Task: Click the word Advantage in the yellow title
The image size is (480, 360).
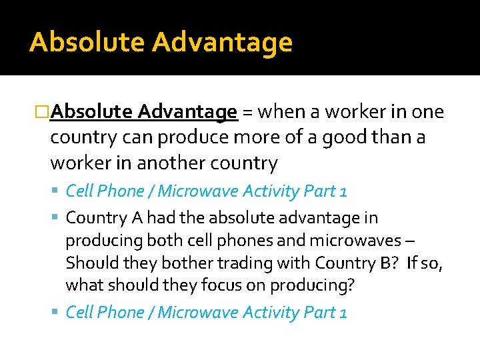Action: (x=222, y=42)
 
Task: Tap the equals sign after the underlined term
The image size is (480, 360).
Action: (x=247, y=112)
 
